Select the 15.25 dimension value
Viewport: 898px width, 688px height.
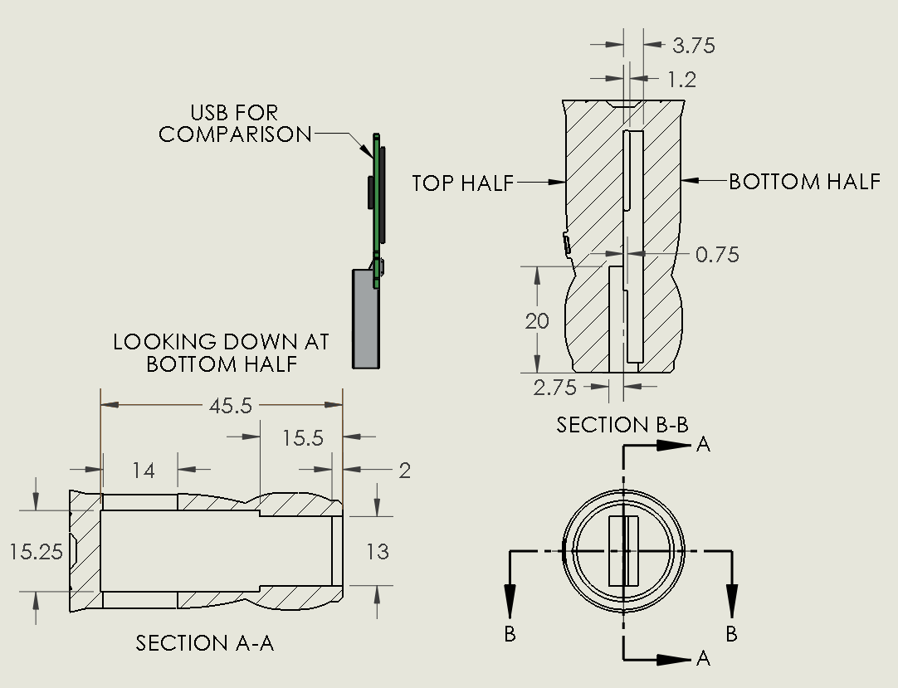tap(36, 551)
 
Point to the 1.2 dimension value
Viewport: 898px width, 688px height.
tap(681, 80)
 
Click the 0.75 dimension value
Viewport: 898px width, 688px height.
tap(717, 255)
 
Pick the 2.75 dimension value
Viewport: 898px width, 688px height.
tap(556, 387)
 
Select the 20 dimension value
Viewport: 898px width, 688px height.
tap(537, 320)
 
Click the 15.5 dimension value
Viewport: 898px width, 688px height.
tap(302, 438)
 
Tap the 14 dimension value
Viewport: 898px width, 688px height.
tap(144, 471)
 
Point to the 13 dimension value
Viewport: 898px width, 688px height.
tap(378, 551)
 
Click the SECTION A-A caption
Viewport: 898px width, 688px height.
tap(205, 643)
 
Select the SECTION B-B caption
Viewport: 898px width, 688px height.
tap(622, 425)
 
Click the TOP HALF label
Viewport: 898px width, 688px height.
tap(463, 183)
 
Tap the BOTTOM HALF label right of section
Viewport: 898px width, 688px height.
tap(804, 182)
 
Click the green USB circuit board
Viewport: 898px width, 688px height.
tap(377, 199)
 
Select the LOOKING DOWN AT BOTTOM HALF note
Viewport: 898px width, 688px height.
tap(221, 353)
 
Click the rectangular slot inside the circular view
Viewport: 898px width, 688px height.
tap(623, 550)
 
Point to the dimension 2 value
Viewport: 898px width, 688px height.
tap(404, 471)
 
